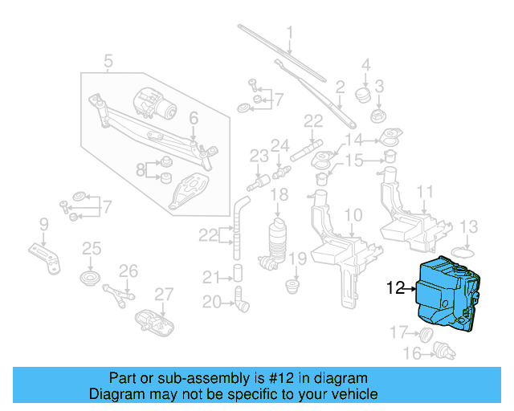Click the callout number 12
pos(396,286)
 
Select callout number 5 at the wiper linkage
pos(108,59)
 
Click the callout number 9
pos(43,223)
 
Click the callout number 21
pos(210,278)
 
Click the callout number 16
pos(411,352)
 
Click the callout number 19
pos(297,258)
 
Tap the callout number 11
pos(425,192)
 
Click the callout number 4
pos(365,65)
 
